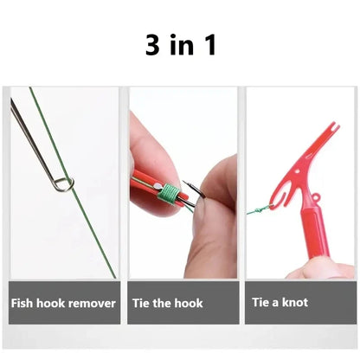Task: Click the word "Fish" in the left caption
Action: click(x=23, y=303)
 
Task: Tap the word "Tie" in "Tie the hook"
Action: click(x=142, y=303)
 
